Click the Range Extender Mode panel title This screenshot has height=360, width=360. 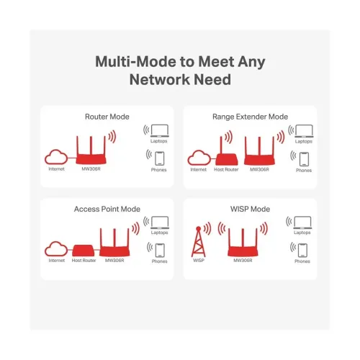[x=251, y=115]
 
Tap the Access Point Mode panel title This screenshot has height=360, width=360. [x=107, y=209]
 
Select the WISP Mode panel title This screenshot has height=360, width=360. [x=251, y=209]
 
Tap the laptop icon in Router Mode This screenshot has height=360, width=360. [x=159, y=130]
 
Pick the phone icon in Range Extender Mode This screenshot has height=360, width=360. [x=304, y=158]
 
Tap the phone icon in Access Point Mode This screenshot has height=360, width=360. [x=159, y=250]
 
